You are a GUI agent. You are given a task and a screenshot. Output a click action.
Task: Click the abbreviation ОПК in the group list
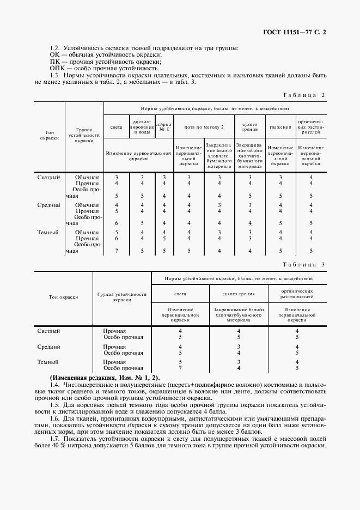pos(57,69)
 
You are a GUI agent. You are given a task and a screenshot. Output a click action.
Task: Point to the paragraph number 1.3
pos(55,75)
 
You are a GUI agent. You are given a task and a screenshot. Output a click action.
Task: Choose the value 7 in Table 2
pos(117,251)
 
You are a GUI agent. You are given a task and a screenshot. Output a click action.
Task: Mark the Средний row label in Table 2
pos(48,205)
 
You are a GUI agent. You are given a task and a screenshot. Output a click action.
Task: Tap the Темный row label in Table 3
pos(48,362)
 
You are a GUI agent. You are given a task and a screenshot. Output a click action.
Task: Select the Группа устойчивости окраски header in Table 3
pos(123,297)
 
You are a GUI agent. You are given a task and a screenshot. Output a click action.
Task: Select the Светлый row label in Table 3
pos(48,331)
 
